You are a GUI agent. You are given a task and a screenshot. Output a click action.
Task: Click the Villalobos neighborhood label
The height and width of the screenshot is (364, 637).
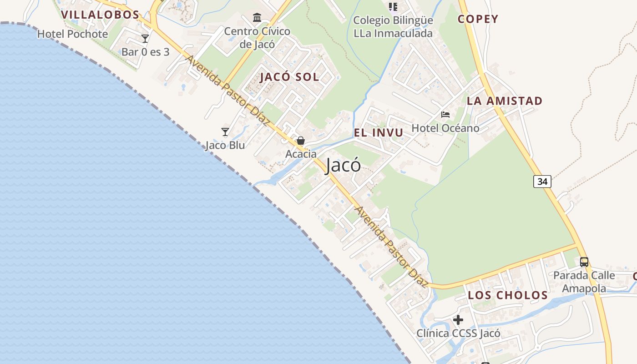coord(100,15)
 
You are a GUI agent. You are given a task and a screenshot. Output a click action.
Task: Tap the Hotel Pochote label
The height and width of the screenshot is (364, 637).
coord(72,34)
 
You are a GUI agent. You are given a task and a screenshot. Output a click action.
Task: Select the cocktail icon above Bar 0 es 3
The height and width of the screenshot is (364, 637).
coord(145,39)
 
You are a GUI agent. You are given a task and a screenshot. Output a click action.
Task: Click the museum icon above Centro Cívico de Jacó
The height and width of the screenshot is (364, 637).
coord(257,18)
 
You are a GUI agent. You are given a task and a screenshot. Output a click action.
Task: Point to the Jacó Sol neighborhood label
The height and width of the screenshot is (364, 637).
coord(289,77)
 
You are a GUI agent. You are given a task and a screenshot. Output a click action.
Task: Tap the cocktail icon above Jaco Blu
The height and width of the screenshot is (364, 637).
coord(225,132)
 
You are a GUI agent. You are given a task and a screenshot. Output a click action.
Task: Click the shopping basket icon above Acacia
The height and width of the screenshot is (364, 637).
coord(301,141)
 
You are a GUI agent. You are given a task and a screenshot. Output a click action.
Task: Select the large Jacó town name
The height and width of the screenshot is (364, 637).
coord(344,166)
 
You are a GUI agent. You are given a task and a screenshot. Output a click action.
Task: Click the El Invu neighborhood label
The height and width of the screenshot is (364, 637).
coord(379,133)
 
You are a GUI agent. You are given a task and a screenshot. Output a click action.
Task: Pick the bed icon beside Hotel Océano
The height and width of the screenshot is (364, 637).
coord(445,115)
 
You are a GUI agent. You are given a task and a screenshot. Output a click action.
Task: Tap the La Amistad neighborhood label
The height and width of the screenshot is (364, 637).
coord(505,101)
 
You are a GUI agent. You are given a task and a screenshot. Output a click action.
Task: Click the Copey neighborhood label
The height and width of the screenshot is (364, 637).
coord(478,19)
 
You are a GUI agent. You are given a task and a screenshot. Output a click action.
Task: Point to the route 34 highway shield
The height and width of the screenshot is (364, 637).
coord(542,182)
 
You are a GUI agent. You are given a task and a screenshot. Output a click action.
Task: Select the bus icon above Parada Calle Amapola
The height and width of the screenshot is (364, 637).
coord(584,262)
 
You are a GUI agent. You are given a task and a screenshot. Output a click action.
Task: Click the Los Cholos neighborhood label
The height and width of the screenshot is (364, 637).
coord(508,295)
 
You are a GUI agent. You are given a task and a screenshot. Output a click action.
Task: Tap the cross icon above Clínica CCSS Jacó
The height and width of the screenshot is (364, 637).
coord(458,320)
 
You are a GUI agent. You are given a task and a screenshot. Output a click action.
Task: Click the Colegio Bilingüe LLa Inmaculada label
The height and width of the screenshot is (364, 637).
coord(393,27)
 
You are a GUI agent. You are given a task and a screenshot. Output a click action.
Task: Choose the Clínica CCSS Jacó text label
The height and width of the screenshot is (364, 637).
coord(458,334)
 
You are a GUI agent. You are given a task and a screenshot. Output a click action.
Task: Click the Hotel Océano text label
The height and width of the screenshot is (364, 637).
coord(445,128)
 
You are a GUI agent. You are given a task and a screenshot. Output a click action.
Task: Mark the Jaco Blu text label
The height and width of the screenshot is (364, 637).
coord(225,146)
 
